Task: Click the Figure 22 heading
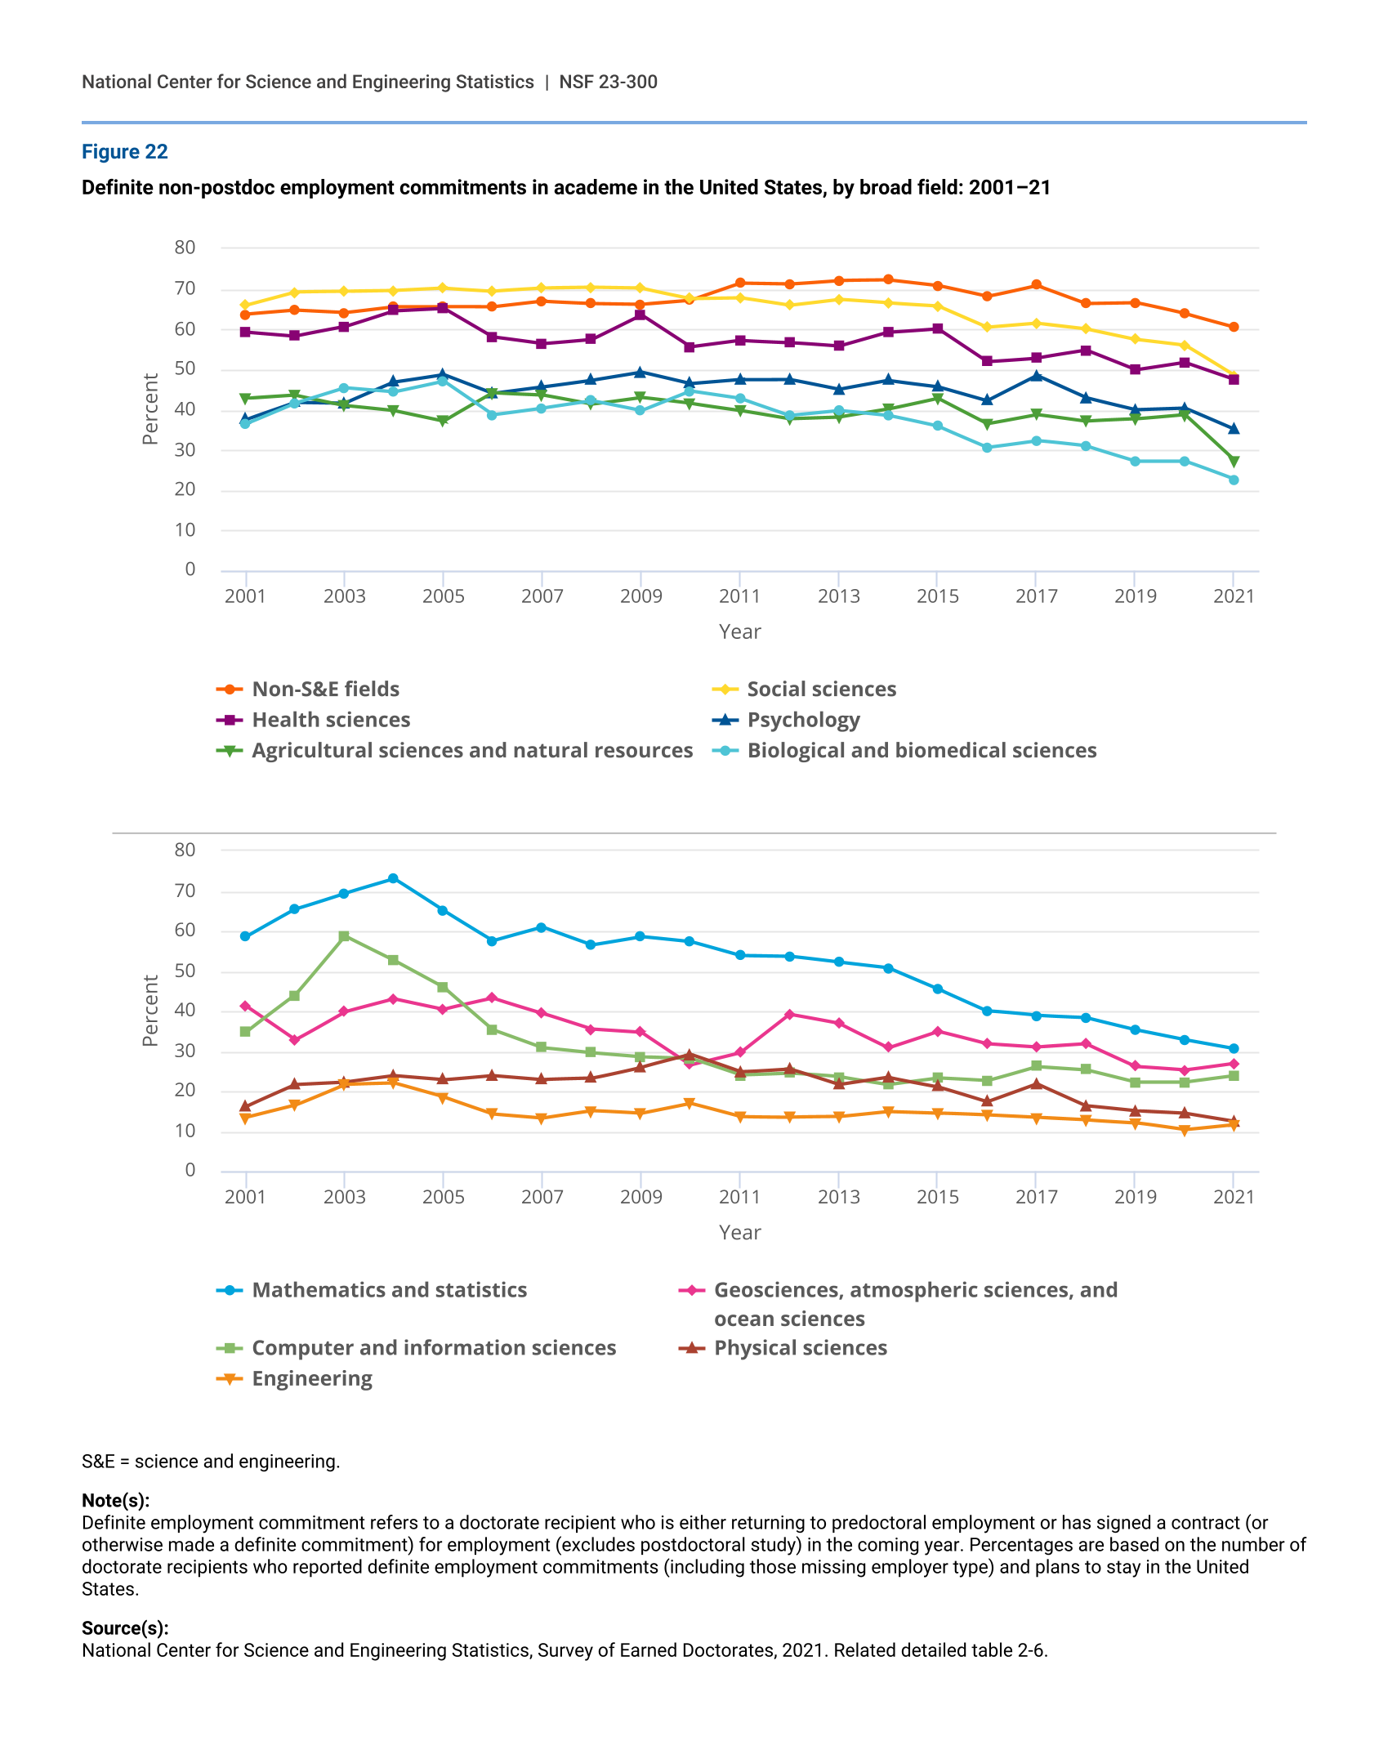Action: (x=124, y=152)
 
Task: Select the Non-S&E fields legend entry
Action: (x=325, y=690)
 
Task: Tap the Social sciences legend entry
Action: (x=821, y=690)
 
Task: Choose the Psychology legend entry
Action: (x=803, y=720)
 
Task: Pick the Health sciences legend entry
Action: (x=331, y=720)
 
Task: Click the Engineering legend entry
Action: (x=311, y=1379)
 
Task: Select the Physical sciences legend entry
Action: (x=800, y=1348)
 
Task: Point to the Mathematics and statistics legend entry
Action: (x=389, y=1290)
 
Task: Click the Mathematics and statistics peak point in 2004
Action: (x=393, y=878)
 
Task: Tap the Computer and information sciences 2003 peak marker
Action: (x=344, y=936)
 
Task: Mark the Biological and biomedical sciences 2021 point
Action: (x=1234, y=480)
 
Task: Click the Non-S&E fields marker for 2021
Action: (x=1234, y=327)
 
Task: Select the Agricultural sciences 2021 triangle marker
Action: (x=1234, y=462)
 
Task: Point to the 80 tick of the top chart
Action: (x=185, y=248)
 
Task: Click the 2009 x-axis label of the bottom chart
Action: (x=640, y=1197)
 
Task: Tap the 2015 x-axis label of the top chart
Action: (x=937, y=596)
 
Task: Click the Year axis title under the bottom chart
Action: (x=739, y=1232)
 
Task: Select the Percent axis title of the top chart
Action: (x=150, y=408)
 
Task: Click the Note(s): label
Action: (x=115, y=1501)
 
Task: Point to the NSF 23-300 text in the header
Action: (x=608, y=82)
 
